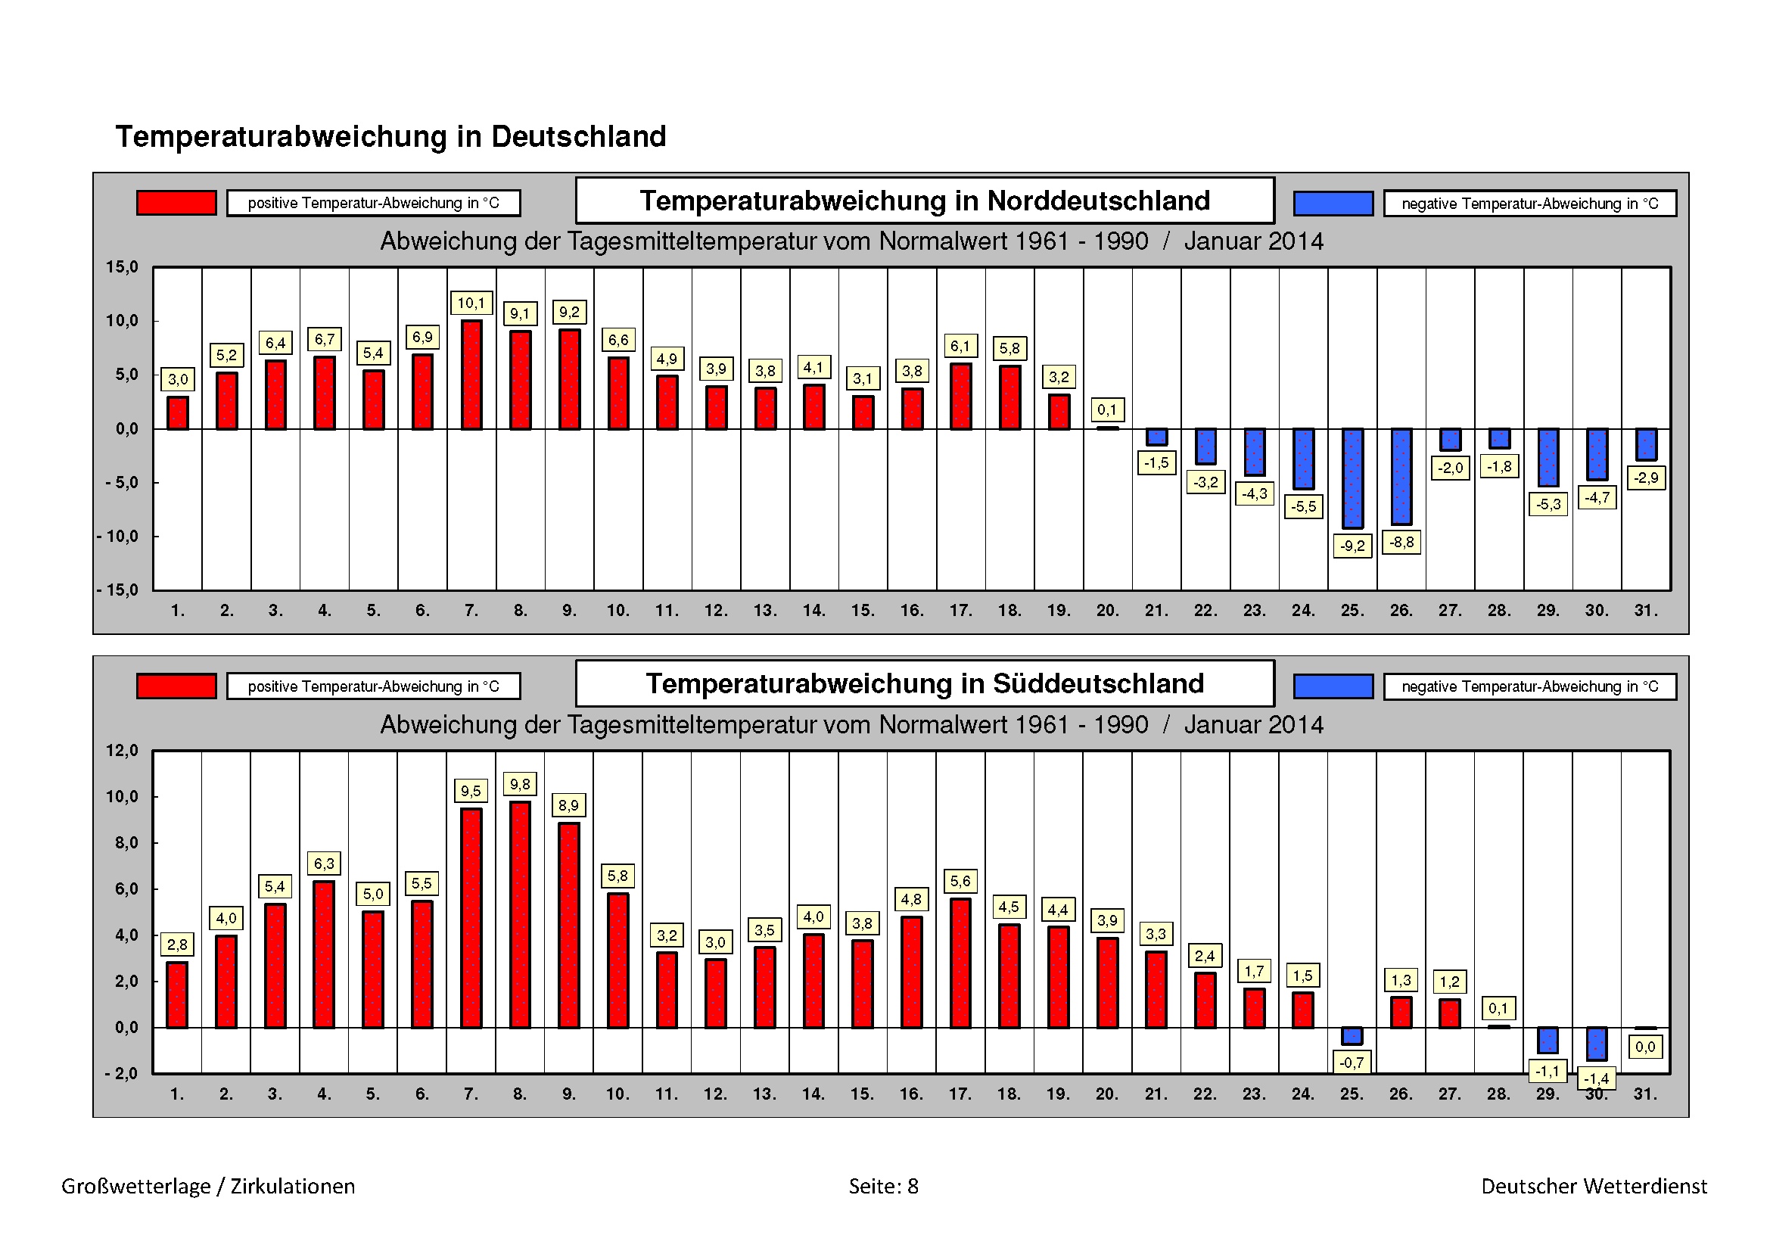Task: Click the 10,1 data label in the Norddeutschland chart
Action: tap(471, 303)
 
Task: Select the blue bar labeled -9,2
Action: tap(1352, 478)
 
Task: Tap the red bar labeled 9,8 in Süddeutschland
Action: tap(521, 914)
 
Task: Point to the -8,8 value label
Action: tap(1401, 543)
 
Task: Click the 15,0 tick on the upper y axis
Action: tap(122, 267)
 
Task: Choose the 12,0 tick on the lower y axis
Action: tap(122, 751)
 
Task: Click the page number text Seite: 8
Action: tap(883, 1186)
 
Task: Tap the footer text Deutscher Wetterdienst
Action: tap(1594, 1186)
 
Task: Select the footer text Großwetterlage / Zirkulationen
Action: tap(208, 1186)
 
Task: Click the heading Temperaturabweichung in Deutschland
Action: tap(390, 137)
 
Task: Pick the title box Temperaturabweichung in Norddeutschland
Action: tap(924, 201)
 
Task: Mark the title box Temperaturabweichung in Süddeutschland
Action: tap(924, 684)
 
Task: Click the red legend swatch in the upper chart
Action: tap(176, 203)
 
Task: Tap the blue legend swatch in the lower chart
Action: tap(1333, 686)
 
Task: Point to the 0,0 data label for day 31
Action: tap(1645, 1047)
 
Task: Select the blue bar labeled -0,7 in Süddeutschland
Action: tap(1352, 1036)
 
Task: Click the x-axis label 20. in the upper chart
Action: tap(1108, 611)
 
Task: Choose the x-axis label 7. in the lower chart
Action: tap(471, 1094)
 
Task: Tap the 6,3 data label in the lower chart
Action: tap(325, 864)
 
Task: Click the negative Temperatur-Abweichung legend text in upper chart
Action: tap(1529, 204)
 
